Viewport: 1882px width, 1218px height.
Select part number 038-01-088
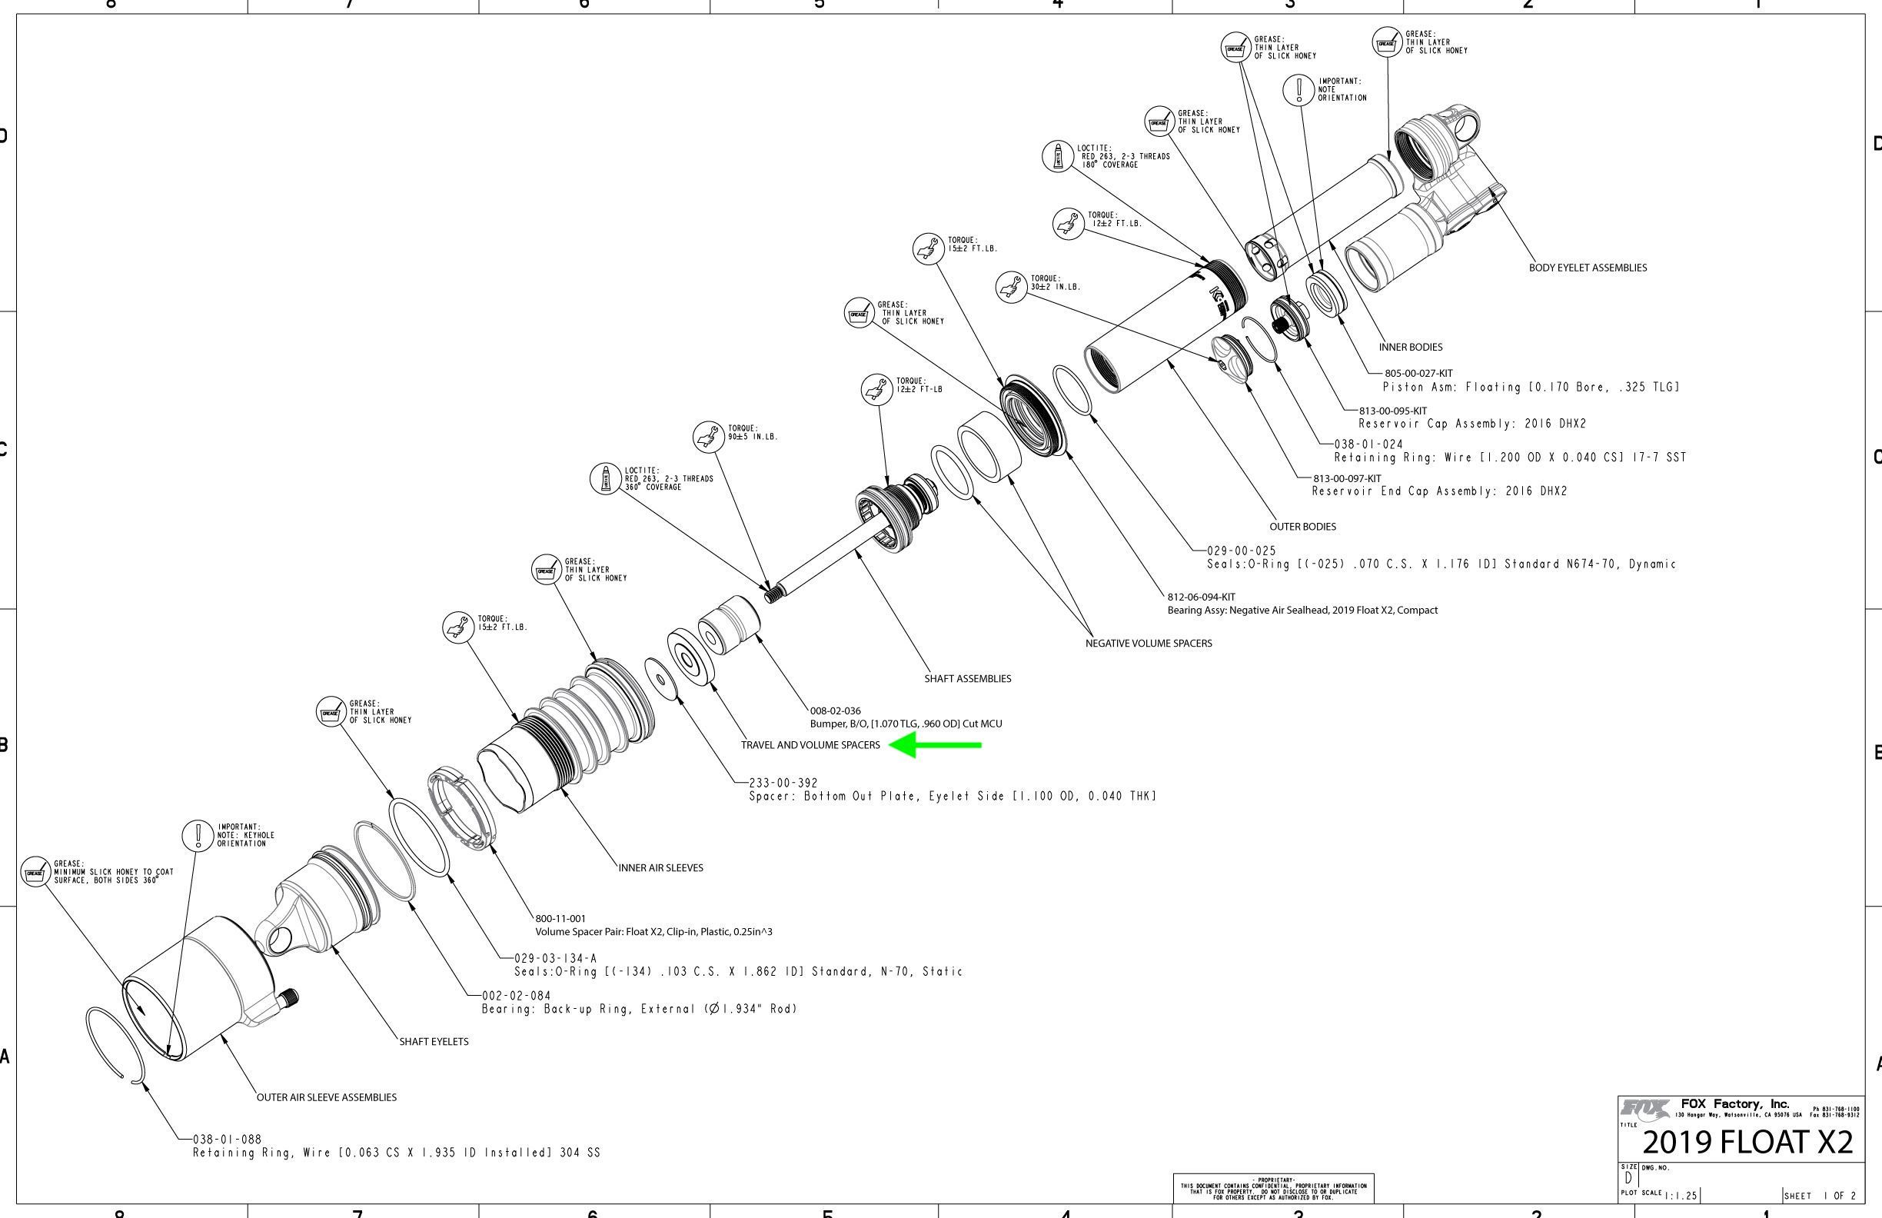click(x=227, y=1139)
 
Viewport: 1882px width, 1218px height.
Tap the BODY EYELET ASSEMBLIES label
click(x=1587, y=268)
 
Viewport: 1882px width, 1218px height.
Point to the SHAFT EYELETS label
click(x=434, y=1042)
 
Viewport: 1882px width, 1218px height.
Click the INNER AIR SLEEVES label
click(x=660, y=867)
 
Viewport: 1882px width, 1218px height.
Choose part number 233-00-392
click(x=783, y=783)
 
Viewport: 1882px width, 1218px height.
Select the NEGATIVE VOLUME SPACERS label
click(x=1148, y=643)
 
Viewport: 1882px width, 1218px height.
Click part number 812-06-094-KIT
click(x=1201, y=597)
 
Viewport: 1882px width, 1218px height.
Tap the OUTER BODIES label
click(x=1302, y=527)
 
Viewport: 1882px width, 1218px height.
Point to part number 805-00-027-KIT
click(x=1418, y=373)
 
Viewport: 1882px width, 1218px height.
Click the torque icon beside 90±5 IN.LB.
click(x=709, y=437)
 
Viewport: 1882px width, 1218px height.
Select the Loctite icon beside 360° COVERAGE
click(x=606, y=478)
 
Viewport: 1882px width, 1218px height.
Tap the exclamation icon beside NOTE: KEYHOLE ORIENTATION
click(x=197, y=835)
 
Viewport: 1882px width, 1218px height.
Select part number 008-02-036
click(x=835, y=711)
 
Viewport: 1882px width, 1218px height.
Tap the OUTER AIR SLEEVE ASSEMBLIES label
click(x=327, y=1097)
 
